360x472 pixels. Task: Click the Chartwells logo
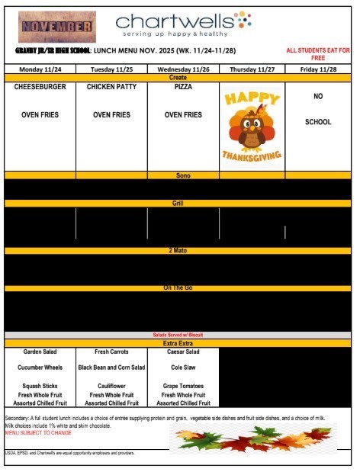click(x=183, y=24)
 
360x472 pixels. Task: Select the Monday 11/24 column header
click(x=40, y=69)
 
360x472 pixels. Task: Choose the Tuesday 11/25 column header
click(x=111, y=69)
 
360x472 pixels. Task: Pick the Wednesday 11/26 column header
click(x=183, y=69)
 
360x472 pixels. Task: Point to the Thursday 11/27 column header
click(x=252, y=69)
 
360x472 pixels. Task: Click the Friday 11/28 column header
click(x=318, y=69)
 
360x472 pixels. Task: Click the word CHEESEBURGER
click(x=40, y=88)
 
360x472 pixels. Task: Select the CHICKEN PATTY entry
click(x=111, y=88)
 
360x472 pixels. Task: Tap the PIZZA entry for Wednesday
click(x=183, y=88)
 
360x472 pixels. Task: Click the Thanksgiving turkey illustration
click(x=252, y=125)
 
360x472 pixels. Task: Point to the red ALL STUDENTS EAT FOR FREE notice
click(x=318, y=54)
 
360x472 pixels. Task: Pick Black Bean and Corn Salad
click(x=111, y=368)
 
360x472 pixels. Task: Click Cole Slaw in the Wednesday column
click(x=183, y=368)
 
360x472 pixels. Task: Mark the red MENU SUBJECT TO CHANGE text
click(x=38, y=432)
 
